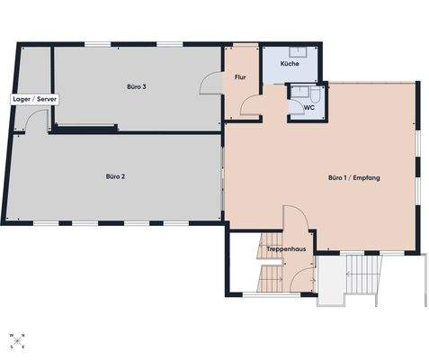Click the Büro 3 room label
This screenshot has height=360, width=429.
tap(137, 86)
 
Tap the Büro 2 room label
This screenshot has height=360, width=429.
tap(115, 176)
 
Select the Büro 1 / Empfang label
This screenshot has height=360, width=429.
tap(353, 179)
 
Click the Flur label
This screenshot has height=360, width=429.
tap(240, 78)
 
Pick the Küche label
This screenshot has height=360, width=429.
tap(290, 65)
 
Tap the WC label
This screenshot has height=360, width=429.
tap(308, 107)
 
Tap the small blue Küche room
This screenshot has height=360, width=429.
tap(290, 59)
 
